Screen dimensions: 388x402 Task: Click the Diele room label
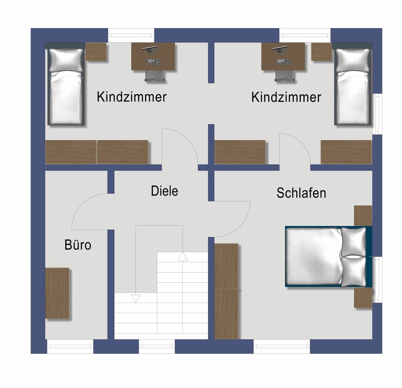[164, 191]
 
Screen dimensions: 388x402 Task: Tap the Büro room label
[78, 245]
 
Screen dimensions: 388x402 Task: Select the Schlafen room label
[301, 193]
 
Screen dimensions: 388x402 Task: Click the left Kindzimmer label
[131, 97]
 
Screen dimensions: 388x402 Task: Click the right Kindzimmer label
[286, 97]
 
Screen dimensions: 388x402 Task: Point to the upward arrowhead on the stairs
[183, 256]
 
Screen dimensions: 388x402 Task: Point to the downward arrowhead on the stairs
[135, 298]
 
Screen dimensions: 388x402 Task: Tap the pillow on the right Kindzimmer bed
[353, 60]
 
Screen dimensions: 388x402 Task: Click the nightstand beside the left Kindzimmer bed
[96, 52]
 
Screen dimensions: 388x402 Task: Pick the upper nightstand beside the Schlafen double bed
[363, 215]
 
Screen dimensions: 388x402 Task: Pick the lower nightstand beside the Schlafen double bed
[363, 298]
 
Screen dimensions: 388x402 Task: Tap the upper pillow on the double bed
[354, 241]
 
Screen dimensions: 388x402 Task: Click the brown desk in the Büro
[57, 293]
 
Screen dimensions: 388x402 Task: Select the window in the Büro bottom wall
[70, 347]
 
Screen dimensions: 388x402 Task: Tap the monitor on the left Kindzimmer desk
[150, 48]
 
